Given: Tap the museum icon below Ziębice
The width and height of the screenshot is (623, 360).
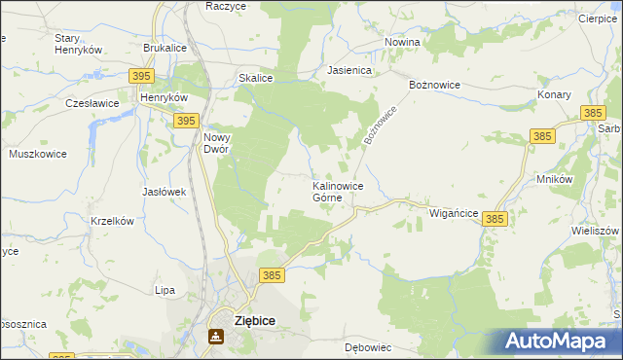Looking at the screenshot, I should click(x=216, y=337).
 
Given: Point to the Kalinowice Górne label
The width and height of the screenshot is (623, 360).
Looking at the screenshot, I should click(x=338, y=191).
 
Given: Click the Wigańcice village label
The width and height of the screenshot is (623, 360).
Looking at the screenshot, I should click(x=454, y=213).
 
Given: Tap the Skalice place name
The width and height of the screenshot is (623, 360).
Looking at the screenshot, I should click(x=255, y=79).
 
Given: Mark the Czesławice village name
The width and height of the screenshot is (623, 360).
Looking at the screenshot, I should click(x=92, y=102).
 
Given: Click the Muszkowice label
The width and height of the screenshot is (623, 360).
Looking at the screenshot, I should click(x=36, y=154).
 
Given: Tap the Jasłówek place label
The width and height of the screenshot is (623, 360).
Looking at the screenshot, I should click(x=164, y=192).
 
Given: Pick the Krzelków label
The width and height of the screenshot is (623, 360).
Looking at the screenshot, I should click(x=111, y=221).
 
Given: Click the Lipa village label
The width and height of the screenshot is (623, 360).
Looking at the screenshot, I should click(x=165, y=290).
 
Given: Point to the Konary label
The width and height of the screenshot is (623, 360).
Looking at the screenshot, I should click(x=554, y=95).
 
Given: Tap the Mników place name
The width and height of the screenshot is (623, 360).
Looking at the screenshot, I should click(x=554, y=179).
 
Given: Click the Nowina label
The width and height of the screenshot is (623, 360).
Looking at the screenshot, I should click(x=402, y=42).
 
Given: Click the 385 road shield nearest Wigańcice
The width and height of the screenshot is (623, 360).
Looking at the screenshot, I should click(x=494, y=221).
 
